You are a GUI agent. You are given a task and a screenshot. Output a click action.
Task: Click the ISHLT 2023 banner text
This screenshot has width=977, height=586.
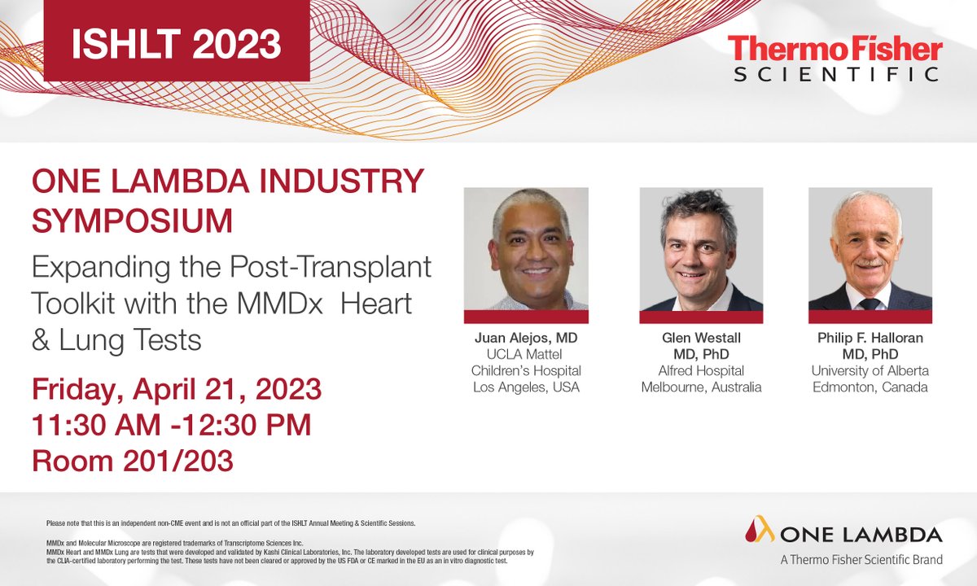click(x=176, y=43)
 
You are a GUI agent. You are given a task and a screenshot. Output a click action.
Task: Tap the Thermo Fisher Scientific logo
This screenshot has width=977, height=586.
click(x=835, y=59)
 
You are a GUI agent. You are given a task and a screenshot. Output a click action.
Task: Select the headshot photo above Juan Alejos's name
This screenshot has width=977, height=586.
click(x=526, y=249)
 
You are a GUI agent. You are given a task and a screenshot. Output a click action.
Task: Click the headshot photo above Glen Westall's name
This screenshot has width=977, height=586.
click(x=701, y=249)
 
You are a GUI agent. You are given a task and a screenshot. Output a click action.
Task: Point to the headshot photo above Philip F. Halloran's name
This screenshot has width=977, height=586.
click(x=870, y=249)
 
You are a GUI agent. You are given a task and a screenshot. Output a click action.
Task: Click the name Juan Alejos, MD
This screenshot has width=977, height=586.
click(x=526, y=338)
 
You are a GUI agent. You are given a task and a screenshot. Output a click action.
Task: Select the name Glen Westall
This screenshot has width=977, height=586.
click(x=701, y=338)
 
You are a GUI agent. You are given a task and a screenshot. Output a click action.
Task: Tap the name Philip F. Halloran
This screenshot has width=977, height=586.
click(x=870, y=338)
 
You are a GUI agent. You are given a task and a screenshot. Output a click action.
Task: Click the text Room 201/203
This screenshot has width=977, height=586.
click(x=133, y=461)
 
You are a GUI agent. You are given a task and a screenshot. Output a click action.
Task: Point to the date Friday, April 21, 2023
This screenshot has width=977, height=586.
click(x=177, y=389)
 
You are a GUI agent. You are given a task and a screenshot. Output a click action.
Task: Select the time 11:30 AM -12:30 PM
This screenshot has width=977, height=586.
click(x=172, y=425)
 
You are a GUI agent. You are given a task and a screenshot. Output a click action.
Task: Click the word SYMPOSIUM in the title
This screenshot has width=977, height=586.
click(x=132, y=220)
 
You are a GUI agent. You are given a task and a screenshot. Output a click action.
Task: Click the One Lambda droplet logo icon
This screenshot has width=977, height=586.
click(x=759, y=531)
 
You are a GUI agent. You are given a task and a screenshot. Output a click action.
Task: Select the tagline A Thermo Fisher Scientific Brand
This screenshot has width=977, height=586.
click(x=861, y=560)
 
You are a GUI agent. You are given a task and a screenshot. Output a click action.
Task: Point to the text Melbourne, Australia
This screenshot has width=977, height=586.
click(x=701, y=387)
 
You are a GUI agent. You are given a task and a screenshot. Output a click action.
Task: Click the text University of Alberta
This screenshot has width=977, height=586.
click(x=870, y=371)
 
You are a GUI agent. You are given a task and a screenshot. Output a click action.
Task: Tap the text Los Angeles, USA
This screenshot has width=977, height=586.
click(x=526, y=387)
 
